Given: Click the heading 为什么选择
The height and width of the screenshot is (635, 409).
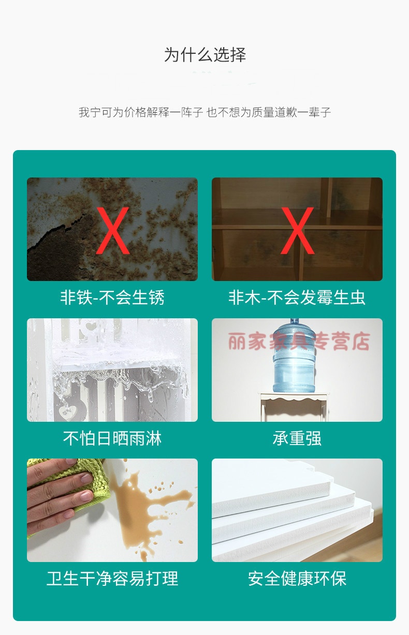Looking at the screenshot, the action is pos(205,55).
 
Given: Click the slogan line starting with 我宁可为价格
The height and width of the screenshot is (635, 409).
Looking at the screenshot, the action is pos(205,112).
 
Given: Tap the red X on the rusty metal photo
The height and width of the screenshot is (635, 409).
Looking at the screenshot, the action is pos(112,230).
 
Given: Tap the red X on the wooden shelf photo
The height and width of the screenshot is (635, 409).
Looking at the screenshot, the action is pos(297,230).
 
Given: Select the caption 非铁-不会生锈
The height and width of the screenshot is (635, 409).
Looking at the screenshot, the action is pos(112,298).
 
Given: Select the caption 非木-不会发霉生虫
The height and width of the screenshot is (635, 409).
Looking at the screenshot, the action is pos(297,298).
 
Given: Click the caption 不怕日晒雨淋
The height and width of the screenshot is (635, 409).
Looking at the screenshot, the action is pos(112,438).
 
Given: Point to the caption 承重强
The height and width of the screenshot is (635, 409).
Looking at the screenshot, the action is pos(297,438).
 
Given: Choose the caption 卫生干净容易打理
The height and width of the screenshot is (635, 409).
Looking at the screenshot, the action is pos(112,579).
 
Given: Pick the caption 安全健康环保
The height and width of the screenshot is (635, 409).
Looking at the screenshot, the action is pos(297,579).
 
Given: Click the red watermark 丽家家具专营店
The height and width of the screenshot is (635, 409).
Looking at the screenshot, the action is pos(299,341).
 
